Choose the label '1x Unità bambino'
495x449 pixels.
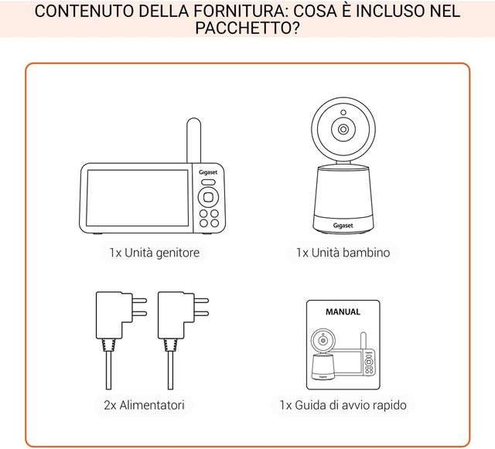(x=343, y=252)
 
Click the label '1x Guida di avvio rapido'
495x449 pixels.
(x=343, y=404)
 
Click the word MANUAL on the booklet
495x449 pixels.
(x=343, y=312)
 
